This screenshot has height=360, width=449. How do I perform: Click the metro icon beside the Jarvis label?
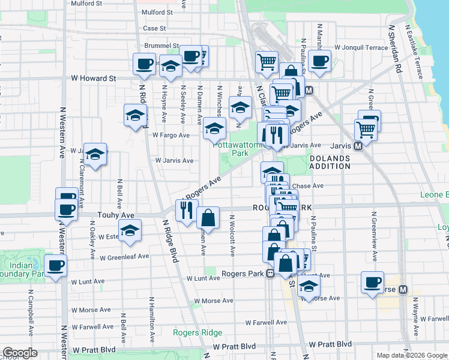[x=358, y=146]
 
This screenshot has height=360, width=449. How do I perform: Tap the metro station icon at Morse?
[x=403, y=289]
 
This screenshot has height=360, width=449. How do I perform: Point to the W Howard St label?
[x=93, y=78]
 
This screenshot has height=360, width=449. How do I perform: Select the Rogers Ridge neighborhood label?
[x=197, y=332]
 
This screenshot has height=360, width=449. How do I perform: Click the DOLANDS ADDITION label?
[x=329, y=161]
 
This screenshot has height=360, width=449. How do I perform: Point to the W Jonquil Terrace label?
[x=361, y=47]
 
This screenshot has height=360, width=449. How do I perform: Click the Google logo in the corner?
[x=20, y=353]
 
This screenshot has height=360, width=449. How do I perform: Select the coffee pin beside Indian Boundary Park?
[x=56, y=266]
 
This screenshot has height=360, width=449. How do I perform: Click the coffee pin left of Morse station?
[x=372, y=281]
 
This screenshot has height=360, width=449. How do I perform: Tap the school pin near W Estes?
[x=130, y=230]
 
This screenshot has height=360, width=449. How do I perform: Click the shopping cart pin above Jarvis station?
[x=365, y=128]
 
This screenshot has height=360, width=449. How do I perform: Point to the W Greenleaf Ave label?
[x=124, y=257]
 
